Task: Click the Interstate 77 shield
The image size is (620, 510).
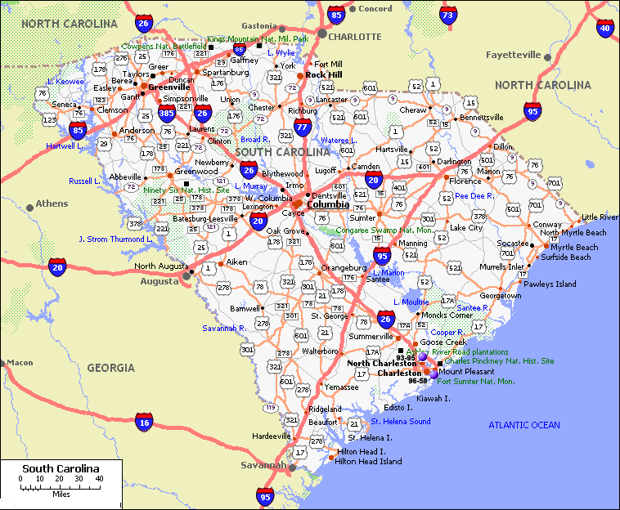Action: click(x=303, y=127)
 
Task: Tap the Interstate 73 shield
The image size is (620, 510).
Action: click(x=447, y=15)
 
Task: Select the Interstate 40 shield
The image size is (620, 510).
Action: click(x=605, y=29)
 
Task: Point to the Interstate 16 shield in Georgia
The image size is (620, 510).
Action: click(x=144, y=422)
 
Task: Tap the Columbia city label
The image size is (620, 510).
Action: click(x=328, y=204)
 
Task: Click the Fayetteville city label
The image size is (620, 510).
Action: click(x=514, y=55)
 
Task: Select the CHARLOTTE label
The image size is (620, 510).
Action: click(x=354, y=37)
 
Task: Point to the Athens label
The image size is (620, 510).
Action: click(x=52, y=204)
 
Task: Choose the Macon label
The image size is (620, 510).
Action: click(x=20, y=362)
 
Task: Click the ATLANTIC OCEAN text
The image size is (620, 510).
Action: click(x=524, y=425)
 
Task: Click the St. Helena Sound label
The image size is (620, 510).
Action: click(x=401, y=422)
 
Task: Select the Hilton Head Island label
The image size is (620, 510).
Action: click(x=369, y=461)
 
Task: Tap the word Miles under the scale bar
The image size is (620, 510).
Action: click(x=60, y=494)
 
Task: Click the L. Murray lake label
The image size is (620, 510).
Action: click(x=250, y=186)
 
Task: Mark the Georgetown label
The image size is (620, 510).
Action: click(x=501, y=296)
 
